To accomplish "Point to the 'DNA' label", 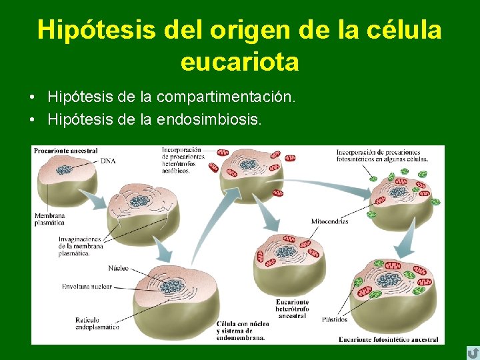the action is coord(107,161).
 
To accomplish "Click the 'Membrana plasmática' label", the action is coord(51,219).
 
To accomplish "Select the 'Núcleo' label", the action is coord(118,269).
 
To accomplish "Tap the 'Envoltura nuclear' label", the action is coord(87,287).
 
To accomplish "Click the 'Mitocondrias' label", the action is coord(330,221).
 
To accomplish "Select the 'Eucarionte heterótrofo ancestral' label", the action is coord(292,309).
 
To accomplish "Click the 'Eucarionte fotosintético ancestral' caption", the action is coord(388,339).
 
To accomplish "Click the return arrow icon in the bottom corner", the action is coord(472,351).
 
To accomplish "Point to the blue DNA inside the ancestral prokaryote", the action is coord(64,171).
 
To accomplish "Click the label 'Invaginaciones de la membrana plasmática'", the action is coord(79,245).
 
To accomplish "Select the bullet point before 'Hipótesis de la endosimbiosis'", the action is coord(33,121).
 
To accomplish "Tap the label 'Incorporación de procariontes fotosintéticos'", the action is coord(383,155).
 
